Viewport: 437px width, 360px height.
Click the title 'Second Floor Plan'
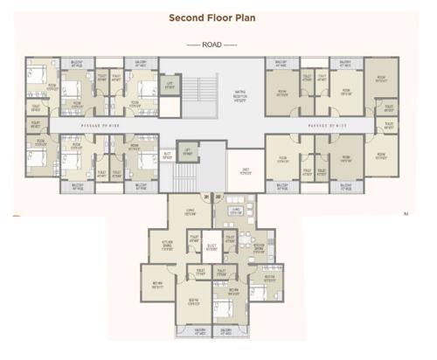[218, 17]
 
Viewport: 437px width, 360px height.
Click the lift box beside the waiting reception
[170, 86]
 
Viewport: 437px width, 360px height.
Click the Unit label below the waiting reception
[246, 171]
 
